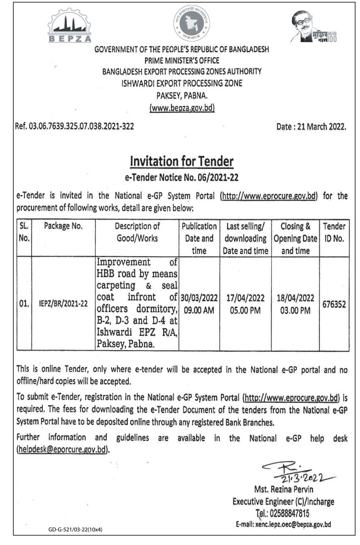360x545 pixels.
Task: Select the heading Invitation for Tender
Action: click(182, 161)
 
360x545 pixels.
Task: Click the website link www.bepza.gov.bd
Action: click(182, 109)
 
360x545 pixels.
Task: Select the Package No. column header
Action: click(63, 227)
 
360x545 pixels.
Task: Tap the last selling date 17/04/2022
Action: click(245, 298)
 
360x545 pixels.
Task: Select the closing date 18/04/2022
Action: click(295, 298)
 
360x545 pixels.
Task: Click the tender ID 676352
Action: click(334, 304)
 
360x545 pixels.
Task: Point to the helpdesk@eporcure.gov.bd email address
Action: click(62, 449)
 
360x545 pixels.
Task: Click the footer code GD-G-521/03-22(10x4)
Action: click(75, 530)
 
